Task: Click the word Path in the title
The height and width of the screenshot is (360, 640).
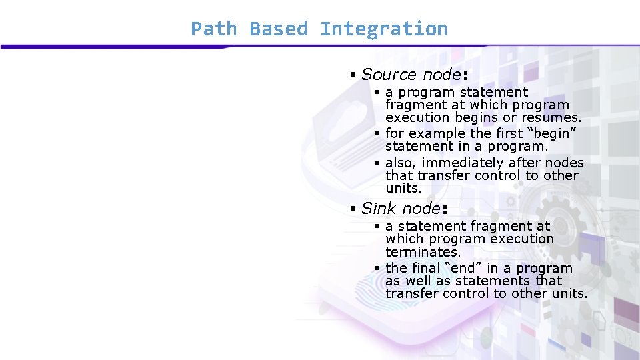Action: [x=213, y=29]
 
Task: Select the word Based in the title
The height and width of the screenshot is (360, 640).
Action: [x=278, y=29]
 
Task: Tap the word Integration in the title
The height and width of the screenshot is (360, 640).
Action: [x=383, y=29]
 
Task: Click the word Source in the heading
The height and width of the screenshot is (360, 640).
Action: [x=385, y=75]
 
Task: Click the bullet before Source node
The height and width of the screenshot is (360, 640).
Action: [x=353, y=75]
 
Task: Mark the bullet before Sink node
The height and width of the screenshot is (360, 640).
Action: [x=353, y=208]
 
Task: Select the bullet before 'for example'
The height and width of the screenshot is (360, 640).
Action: [x=377, y=133]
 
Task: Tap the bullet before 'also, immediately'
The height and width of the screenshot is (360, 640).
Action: [x=377, y=163]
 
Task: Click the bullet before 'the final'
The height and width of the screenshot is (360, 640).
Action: [x=377, y=269]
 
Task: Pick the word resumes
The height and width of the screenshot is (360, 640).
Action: [x=550, y=117]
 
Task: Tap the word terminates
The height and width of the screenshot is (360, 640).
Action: [x=423, y=252]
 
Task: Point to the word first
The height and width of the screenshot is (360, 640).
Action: [x=510, y=133]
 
